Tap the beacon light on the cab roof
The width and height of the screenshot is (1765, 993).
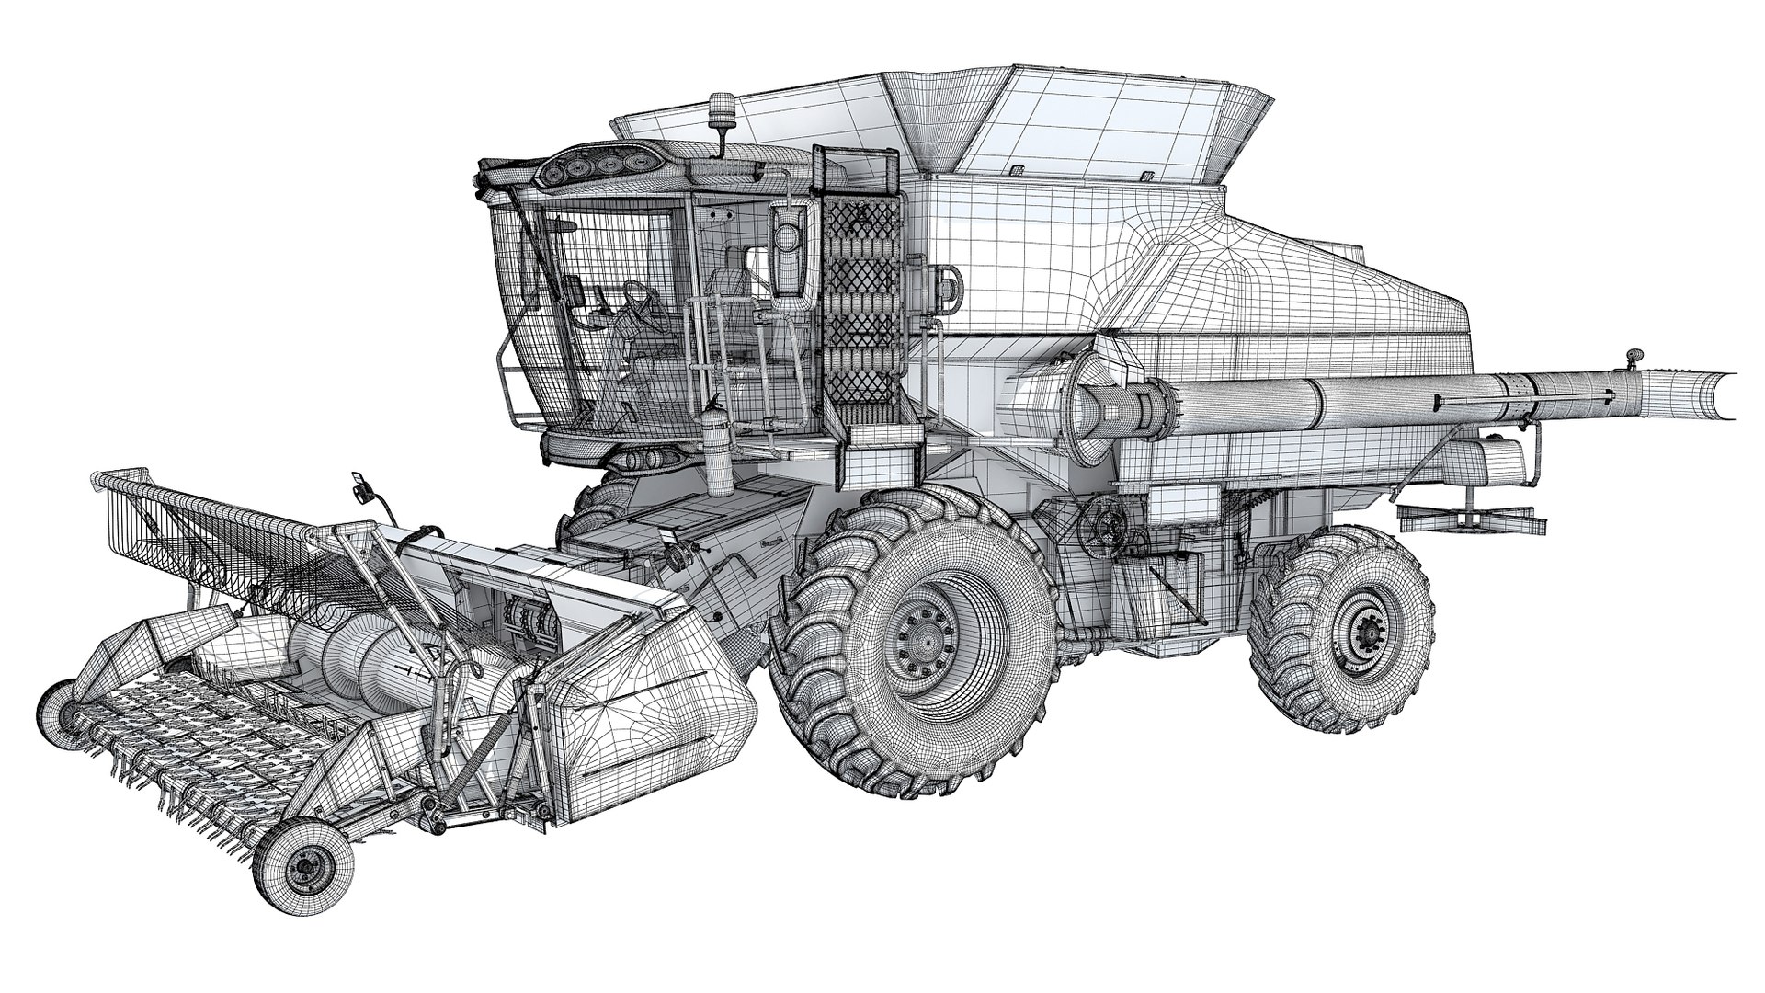tap(721, 134)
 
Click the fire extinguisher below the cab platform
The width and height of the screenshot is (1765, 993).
tap(718, 448)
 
